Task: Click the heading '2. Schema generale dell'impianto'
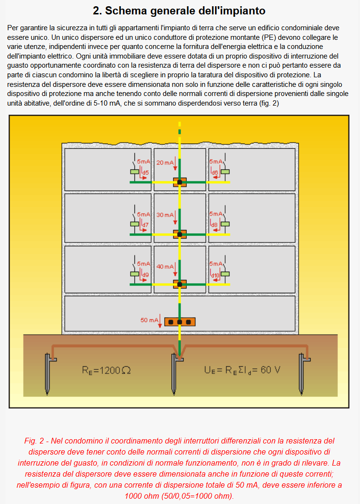pos(179,11)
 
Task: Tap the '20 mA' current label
pos(165,163)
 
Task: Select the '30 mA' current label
pos(165,215)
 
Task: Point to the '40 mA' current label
pos(165,266)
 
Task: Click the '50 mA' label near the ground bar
pos(149,320)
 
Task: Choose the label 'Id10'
pos(215,275)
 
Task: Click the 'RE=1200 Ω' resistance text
pos(107,370)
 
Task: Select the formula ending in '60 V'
pos(242,370)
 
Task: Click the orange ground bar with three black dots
pos(180,322)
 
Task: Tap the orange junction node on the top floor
pos(180,182)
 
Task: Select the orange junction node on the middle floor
pos(180,234)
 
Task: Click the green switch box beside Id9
pos(135,274)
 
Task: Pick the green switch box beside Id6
pos(225,172)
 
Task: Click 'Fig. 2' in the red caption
pos(34,441)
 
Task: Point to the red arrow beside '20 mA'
pos(175,164)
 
